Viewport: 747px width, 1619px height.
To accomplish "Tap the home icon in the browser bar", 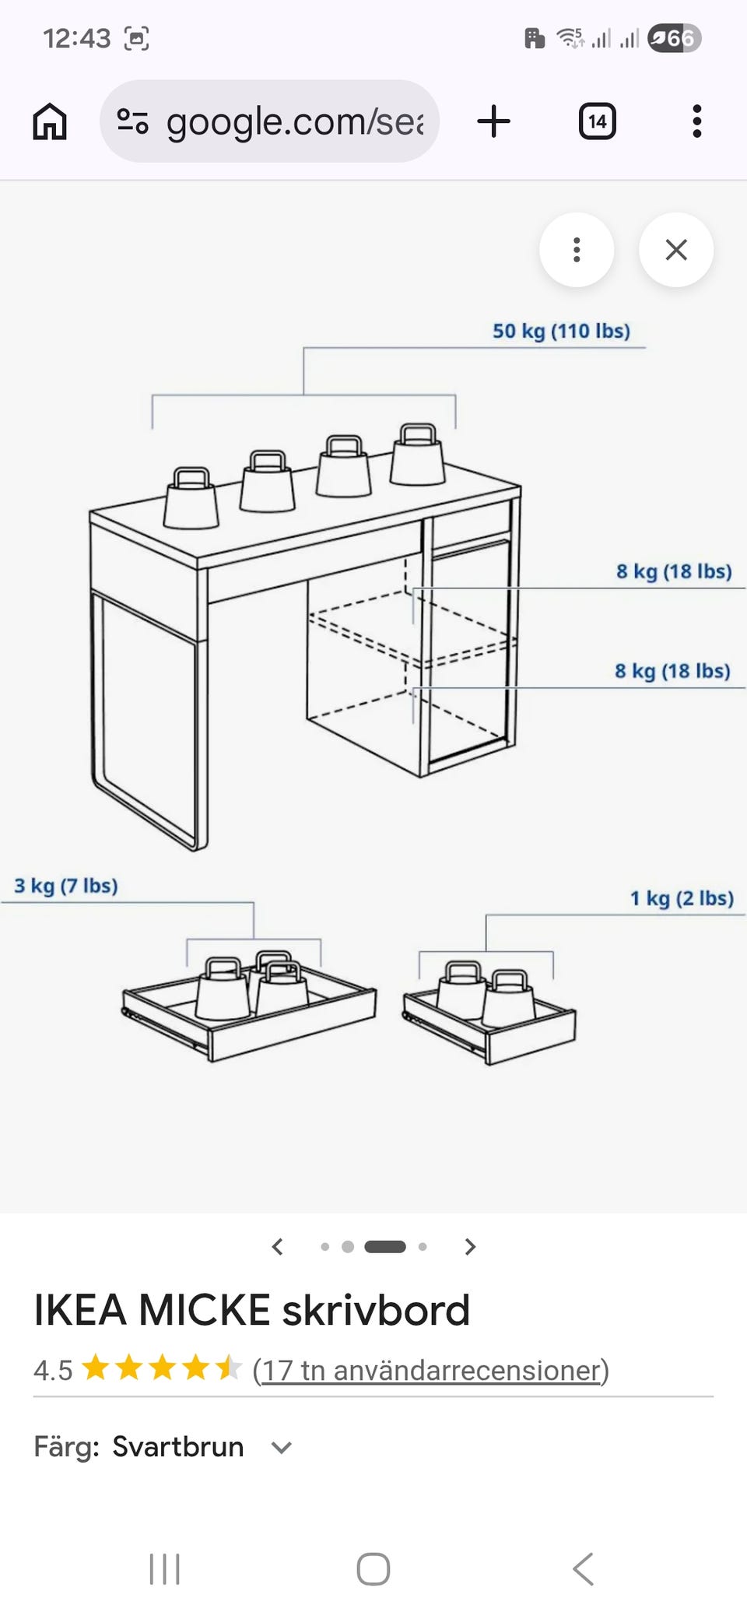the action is point(50,121).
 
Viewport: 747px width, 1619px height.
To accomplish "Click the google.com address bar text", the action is point(295,121).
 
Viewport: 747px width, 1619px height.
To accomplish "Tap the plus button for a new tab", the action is point(493,121).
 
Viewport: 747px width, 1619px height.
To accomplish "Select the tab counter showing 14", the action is point(598,121).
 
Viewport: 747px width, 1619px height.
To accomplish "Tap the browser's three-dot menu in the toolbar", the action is point(697,121).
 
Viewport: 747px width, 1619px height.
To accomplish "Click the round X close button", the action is point(676,250).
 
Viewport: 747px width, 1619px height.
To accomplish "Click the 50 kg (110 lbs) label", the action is point(561,331).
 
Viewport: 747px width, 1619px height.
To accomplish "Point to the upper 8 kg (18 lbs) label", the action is point(674,571).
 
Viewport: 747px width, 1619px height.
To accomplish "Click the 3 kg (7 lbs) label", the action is point(66,886).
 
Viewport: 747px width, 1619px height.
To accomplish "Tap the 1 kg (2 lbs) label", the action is point(682,898).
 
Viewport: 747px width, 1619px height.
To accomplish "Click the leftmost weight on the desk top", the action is point(191,498).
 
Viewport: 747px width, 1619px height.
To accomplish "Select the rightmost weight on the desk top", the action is point(417,455).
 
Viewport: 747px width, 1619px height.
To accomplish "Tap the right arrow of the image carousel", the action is point(469,1247).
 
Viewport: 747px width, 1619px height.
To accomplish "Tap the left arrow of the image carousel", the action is point(277,1247).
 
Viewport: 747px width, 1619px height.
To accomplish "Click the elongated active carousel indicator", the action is point(385,1247).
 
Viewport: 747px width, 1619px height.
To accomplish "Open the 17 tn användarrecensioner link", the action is point(431,1370).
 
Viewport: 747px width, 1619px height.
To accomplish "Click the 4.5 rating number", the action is point(53,1370).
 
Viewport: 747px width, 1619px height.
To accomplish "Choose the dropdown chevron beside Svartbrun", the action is point(281,1448).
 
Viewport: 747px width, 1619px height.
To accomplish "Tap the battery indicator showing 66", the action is point(675,38).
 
